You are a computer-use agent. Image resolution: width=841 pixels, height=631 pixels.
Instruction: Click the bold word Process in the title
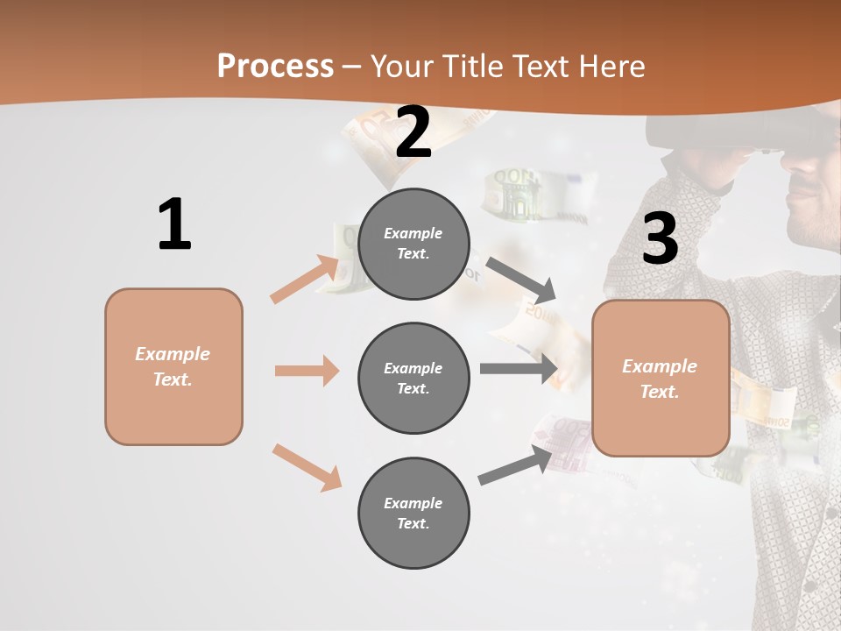pos(275,67)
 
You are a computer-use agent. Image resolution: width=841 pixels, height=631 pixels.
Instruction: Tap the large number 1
pos(174,225)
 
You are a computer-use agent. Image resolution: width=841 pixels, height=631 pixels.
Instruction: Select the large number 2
pos(413,132)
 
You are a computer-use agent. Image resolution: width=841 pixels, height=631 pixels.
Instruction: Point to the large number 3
pos(660,238)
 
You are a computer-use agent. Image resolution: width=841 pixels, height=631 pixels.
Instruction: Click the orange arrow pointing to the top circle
pos(305,279)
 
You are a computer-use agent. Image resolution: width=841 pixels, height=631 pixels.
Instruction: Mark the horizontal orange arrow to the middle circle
pos(307,371)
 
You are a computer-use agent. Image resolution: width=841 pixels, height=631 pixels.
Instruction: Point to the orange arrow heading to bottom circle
pos(307,467)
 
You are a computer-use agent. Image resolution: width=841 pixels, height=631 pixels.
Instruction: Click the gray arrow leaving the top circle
pos(521,278)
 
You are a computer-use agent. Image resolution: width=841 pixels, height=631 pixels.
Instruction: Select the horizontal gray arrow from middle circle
pos(519,368)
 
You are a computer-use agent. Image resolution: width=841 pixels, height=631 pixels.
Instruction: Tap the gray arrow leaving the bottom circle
pos(517,464)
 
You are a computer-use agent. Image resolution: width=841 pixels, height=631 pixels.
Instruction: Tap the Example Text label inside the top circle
pos(413,244)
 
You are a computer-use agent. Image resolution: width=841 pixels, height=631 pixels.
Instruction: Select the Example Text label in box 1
pos(173,366)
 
